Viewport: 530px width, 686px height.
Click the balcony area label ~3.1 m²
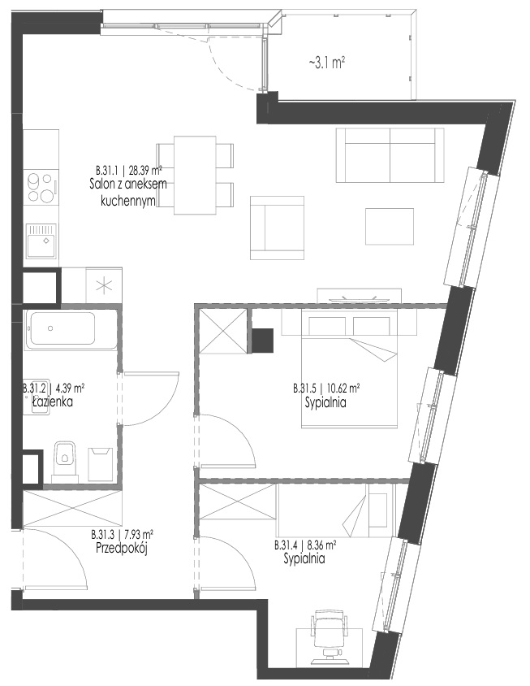(327, 63)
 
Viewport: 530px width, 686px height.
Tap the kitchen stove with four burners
(41, 188)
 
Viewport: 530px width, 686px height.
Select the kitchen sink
(41, 241)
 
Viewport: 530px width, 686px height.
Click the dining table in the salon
(195, 176)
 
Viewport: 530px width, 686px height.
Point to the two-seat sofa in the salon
(390, 155)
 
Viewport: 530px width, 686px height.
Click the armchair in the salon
(277, 228)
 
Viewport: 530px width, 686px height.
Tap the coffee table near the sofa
(390, 227)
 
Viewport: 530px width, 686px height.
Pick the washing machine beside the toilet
(101, 464)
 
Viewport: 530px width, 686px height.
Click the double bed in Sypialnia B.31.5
(349, 368)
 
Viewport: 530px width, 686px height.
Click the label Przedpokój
(122, 548)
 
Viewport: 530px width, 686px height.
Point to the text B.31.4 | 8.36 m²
(305, 545)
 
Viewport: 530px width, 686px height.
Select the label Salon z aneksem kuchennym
(128, 193)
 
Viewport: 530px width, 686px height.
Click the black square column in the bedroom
(263, 340)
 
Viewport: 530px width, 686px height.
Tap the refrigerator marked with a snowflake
(104, 285)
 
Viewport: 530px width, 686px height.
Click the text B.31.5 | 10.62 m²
(326, 388)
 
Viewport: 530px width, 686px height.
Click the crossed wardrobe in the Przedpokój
(72, 509)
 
